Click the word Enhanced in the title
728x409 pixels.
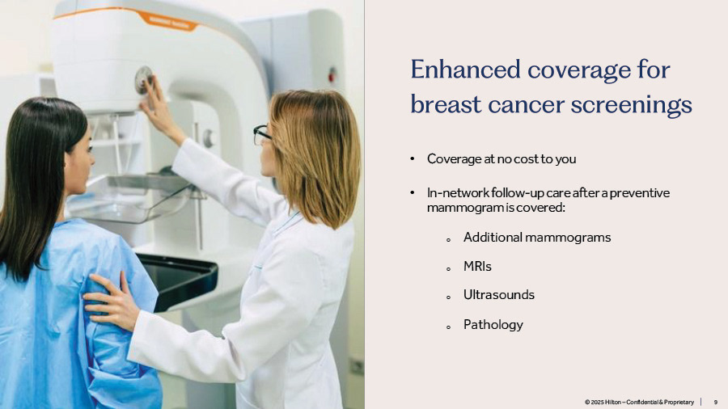[465, 70]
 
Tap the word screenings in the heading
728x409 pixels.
[632, 106]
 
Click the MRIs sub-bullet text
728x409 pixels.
[477, 267]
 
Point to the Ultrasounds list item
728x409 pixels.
[498, 295]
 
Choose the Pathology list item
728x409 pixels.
[493, 325]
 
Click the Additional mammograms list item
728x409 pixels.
[537, 238]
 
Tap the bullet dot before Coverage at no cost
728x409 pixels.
[413, 158]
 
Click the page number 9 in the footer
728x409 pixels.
[716, 402]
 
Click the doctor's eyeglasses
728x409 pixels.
[261, 134]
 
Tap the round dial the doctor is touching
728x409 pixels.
[143, 80]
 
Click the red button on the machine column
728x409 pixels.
[332, 74]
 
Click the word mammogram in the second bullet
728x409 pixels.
[465, 208]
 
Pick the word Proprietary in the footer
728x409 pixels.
[679, 402]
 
